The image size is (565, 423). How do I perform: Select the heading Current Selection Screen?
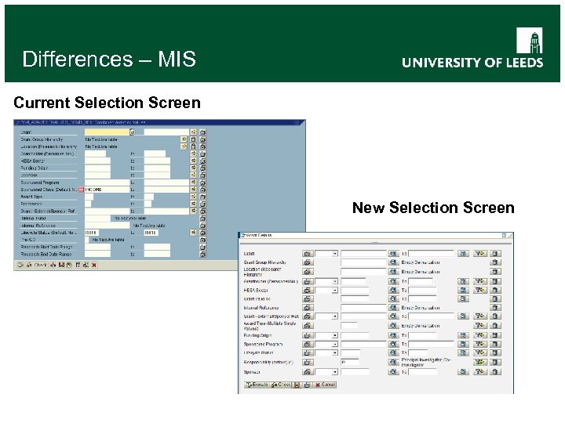click(x=108, y=103)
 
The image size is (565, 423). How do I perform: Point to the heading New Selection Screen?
click(x=433, y=208)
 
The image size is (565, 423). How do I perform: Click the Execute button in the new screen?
click(x=257, y=385)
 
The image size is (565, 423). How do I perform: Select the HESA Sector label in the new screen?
click(x=257, y=290)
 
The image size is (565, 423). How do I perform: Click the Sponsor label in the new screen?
click(x=252, y=371)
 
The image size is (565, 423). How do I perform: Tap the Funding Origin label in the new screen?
click(x=258, y=335)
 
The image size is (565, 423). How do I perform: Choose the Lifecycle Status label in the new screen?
click(x=260, y=353)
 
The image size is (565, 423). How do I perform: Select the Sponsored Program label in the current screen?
click(x=42, y=183)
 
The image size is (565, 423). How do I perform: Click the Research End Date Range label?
click(x=46, y=254)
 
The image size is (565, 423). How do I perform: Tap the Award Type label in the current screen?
click(x=33, y=197)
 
